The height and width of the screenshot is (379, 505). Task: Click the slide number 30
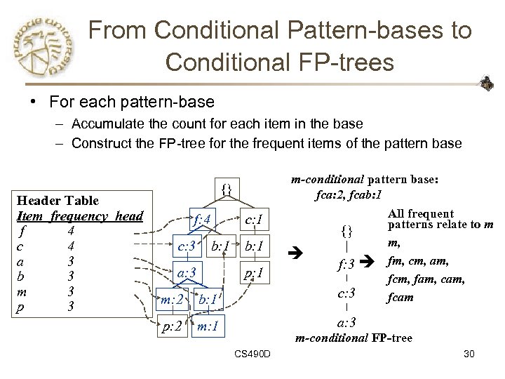(x=469, y=354)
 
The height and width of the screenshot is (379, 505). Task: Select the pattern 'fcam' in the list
(x=400, y=297)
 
